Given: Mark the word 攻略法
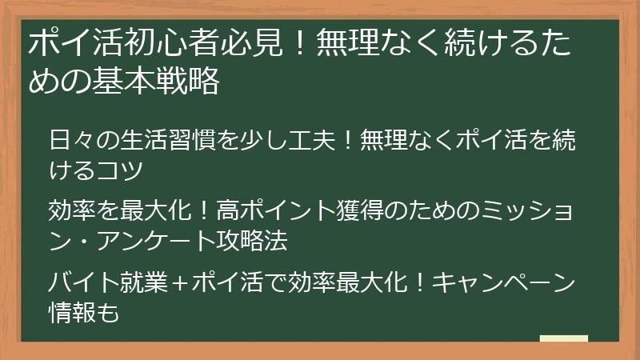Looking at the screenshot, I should click(254, 240).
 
